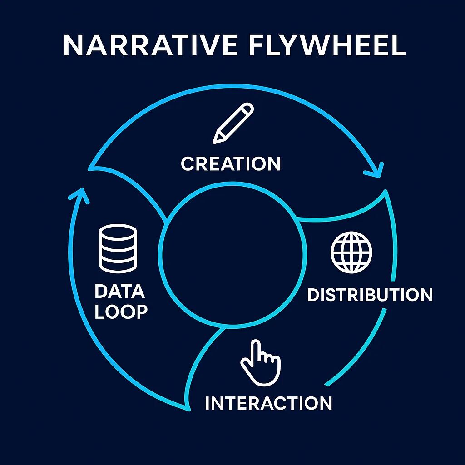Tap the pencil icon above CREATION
233,123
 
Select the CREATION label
231,163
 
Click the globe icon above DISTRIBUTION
351,252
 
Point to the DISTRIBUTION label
370,295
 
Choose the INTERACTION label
268,403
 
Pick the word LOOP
121,312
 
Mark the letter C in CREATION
187,163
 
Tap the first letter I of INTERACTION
208,403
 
